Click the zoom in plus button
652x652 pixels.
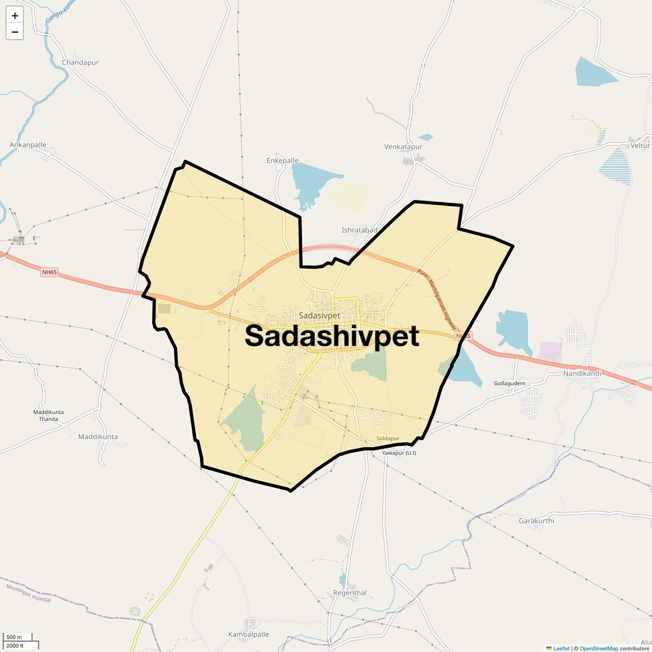[15, 15]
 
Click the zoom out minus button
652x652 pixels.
[15, 32]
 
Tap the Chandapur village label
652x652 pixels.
[80, 62]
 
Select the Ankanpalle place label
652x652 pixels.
[28, 145]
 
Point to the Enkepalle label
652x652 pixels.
[283, 161]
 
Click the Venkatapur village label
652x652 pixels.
[403, 146]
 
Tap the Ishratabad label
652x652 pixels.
[359, 230]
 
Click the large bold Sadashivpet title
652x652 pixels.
[332, 336]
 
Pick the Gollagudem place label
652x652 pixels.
[510, 383]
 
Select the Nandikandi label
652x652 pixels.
[582, 373]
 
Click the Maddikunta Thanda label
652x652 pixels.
[49, 415]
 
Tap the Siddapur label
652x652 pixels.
[388, 439]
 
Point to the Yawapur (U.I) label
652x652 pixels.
[399, 453]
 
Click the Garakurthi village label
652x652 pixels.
[536, 521]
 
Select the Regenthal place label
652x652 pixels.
[350, 593]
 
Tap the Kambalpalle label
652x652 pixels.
[248, 634]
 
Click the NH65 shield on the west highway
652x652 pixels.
[49, 272]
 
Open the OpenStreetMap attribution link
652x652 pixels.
[598, 649]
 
